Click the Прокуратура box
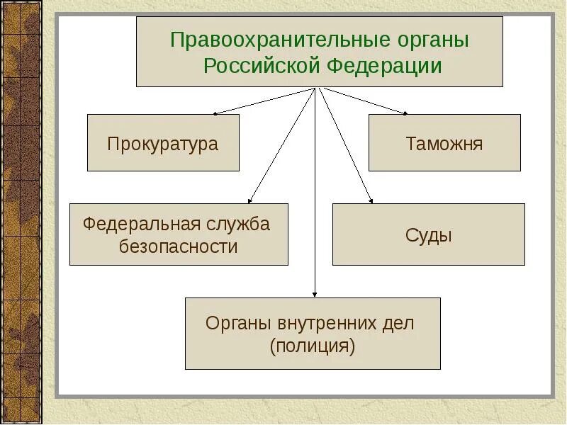tap(163, 143)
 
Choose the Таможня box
tap(444, 143)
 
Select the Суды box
tap(429, 234)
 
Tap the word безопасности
tap(178, 246)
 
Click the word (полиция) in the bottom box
tap(312, 346)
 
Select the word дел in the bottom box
tap(399, 323)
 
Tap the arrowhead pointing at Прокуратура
tap(215, 113)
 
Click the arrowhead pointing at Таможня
tap(405, 113)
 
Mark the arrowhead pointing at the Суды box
tap(369, 201)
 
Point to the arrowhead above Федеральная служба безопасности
tap(250, 201)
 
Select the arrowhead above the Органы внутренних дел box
tap(315, 294)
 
